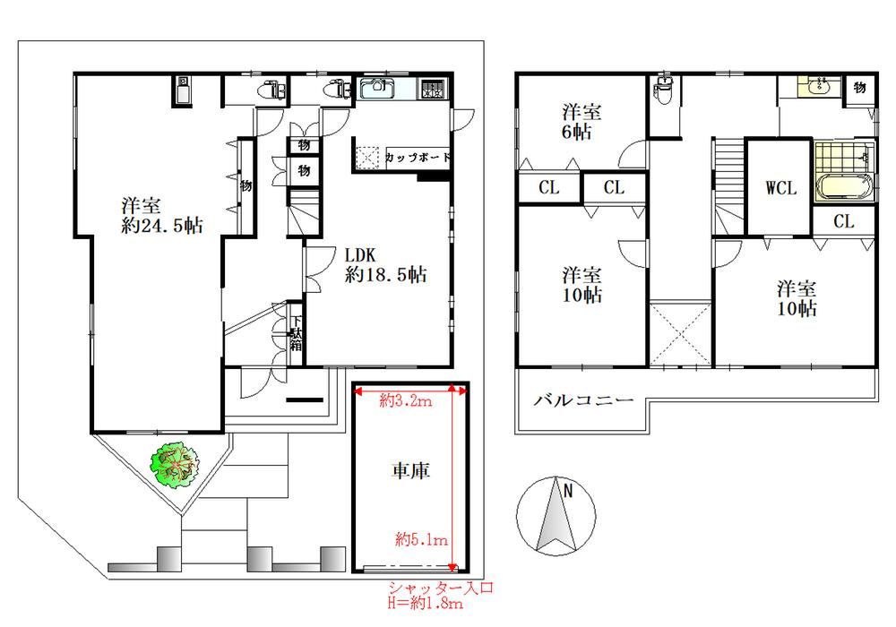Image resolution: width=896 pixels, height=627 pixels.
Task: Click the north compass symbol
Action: [556, 517]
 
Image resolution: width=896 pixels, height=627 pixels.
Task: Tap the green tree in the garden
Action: [177, 465]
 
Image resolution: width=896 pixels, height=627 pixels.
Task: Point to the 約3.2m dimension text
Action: [406, 401]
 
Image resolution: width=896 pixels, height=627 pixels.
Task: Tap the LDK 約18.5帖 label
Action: [385, 265]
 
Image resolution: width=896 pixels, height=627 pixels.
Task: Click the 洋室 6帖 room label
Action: [582, 122]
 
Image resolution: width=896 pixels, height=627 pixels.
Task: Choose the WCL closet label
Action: [780, 189]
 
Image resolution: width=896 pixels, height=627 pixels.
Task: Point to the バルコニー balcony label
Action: [583, 400]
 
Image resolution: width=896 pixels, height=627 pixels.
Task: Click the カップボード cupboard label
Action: [417, 158]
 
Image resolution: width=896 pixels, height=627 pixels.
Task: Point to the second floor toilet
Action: [665, 90]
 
